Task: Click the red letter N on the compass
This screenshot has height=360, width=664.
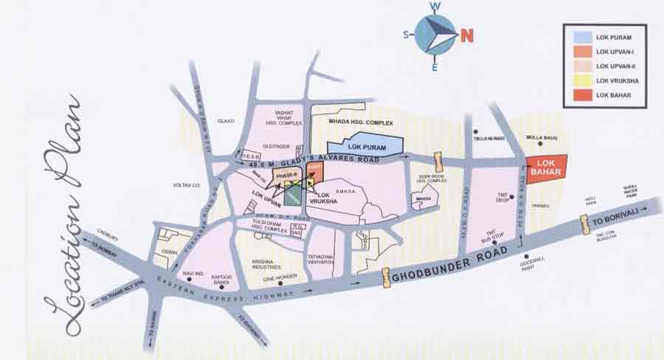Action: [467, 35]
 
